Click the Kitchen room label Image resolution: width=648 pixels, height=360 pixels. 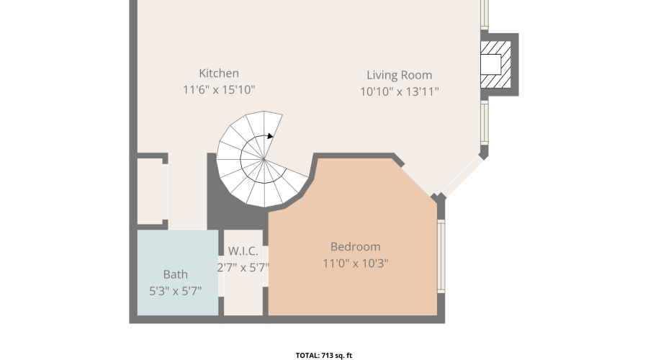[x=219, y=73]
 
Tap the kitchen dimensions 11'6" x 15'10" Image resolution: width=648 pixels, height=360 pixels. [x=219, y=90]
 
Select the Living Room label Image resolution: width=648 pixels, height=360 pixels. [x=399, y=75]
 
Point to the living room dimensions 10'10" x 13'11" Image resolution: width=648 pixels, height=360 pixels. [x=399, y=91]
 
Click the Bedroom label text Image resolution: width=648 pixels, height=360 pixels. [x=356, y=247]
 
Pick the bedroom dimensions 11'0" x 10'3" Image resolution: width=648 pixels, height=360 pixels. [x=356, y=264]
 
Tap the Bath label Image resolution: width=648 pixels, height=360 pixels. [x=176, y=274]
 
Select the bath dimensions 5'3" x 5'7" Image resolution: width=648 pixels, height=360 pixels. [x=176, y=291]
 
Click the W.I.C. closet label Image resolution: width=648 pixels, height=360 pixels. [x=243, y=251]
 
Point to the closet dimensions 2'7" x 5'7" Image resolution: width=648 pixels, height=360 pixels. [x=243, y=268]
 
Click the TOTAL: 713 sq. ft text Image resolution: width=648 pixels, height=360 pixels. [x=324, y=356]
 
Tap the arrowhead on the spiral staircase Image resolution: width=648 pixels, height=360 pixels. [x=270, y=136]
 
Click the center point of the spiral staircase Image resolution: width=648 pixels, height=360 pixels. [x=264, y=158]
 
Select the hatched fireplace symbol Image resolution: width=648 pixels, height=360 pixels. [x=495, y=65]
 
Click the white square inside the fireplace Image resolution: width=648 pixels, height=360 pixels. [x=490, y=65]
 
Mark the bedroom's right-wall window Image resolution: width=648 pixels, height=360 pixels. [x=441, y=256]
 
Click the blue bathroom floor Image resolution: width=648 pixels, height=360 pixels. [x=178, y=273]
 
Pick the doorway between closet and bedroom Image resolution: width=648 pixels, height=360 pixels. [x=266, y=266]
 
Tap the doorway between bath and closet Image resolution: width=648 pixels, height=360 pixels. [x=221, y=276]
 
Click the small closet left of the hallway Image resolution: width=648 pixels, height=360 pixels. [x=150, y=192]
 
